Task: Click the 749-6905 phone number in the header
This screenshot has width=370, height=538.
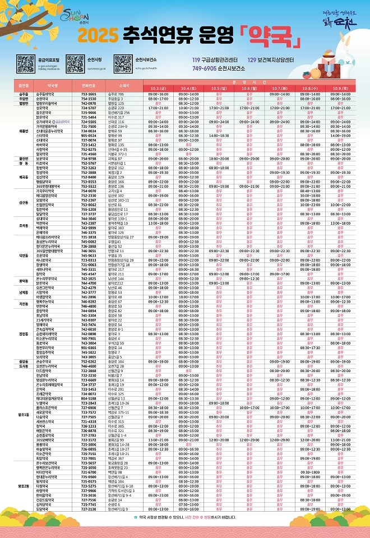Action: click(x=204, y=67)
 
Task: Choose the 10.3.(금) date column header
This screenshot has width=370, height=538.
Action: click(x=158, y=88)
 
